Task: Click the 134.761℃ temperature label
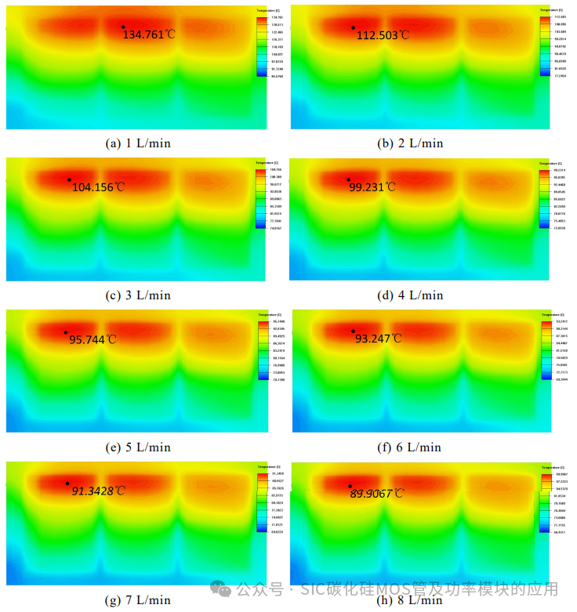[x=149, y=34]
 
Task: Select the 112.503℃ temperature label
[x=383, y=35]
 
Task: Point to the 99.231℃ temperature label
[x=372, y=186]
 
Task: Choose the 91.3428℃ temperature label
[x=98, y=491]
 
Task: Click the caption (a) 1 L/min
[x=138, y=143]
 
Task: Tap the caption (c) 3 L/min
[x=138, y=295]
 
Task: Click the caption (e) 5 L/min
[x=138, y=447]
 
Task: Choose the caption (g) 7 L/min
[x=138, y=599]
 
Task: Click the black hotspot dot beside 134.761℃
[x=123, y=27]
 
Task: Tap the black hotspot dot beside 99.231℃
[x=349, y=179]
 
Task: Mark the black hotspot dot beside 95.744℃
[x=66, y=331]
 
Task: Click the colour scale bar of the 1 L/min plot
[x=261, y=46]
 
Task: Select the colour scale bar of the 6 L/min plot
[x=546, y=349]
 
